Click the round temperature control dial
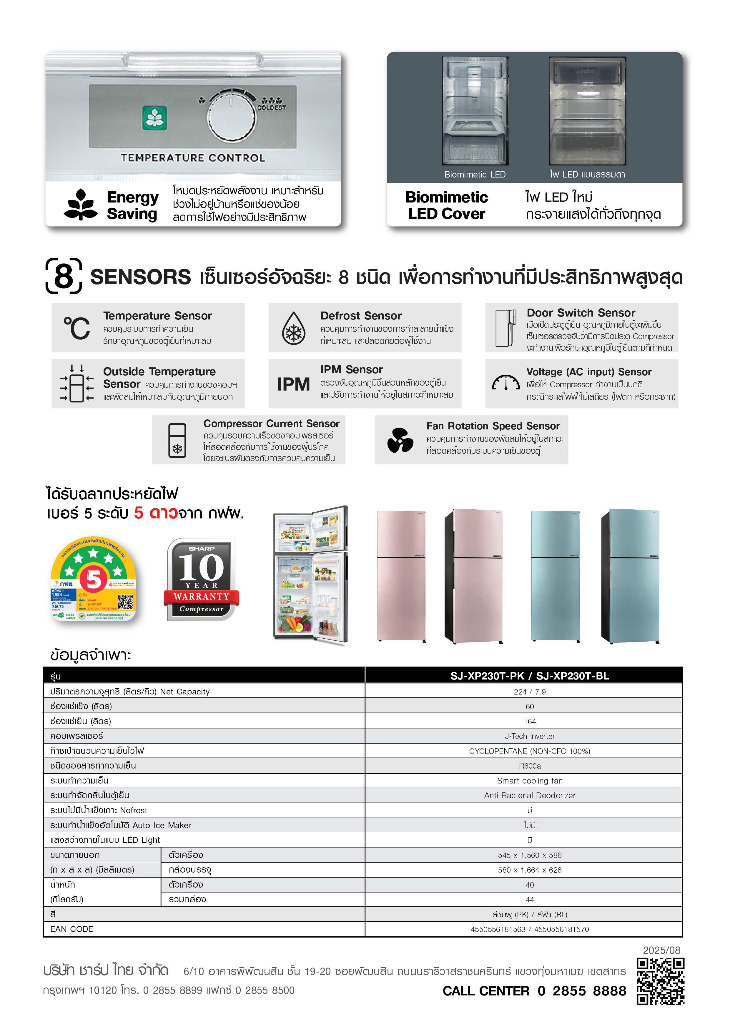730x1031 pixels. pos(231,117)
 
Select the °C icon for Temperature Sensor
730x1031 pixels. pos(77,328)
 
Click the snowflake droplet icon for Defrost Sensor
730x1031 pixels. pos(294,328)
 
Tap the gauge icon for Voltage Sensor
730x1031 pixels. pos(506,383)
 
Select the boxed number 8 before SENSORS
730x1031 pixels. pos(64,276)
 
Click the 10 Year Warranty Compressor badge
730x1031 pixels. pos(201,579)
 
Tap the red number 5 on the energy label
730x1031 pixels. pos(94,579)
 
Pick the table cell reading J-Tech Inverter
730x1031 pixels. pos(530,736)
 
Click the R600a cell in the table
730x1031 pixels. pos(530,766)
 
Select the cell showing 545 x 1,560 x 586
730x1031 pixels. pos(530,855)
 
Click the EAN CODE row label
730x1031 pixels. pos(72,929)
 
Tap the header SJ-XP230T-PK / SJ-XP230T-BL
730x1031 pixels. pos(530,676)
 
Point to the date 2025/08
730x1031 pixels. pos(661,950)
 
